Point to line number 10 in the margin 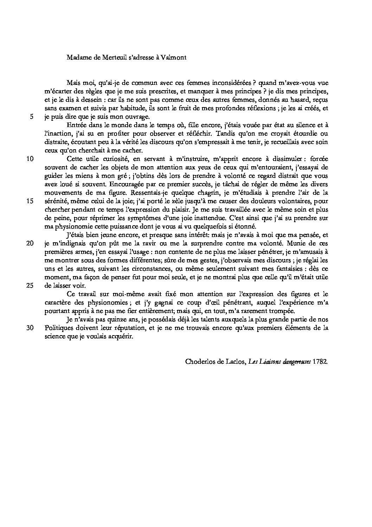click(x=30, y=159)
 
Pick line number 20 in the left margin click(x=30, y=243)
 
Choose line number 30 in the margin click(x=30, y=328)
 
